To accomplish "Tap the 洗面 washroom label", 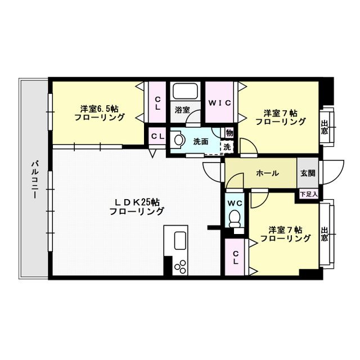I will [201, 141].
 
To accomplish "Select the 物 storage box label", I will [229, 133].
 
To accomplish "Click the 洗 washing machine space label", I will [227, 146].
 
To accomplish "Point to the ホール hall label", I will [267, 173].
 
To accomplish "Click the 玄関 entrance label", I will [307, 173].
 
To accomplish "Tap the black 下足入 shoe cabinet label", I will [308, 194].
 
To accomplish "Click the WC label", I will [235, 202].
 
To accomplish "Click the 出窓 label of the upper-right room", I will [325, 128].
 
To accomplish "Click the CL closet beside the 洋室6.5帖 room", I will [158, 102].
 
